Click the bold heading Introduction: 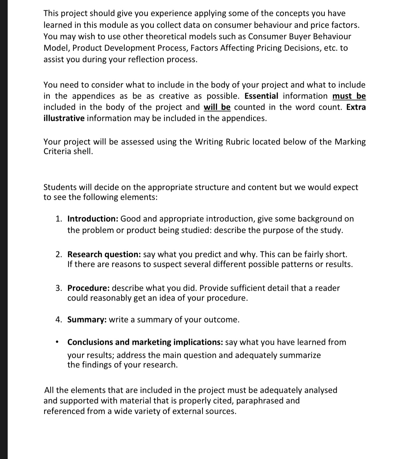coord(93,219)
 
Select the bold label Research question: coord(104,254)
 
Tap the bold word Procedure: coord(89,288)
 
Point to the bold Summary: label coord(87,320)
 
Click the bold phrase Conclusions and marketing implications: coord(145,342)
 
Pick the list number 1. coord(58,219)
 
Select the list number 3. coord(58,288)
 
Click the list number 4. coord(58,320)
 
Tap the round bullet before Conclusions coord(57,343)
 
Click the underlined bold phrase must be coord(349,96)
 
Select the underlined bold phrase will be coord(217,107)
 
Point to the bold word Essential coord(261,96)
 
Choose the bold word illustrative coord(64,118)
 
